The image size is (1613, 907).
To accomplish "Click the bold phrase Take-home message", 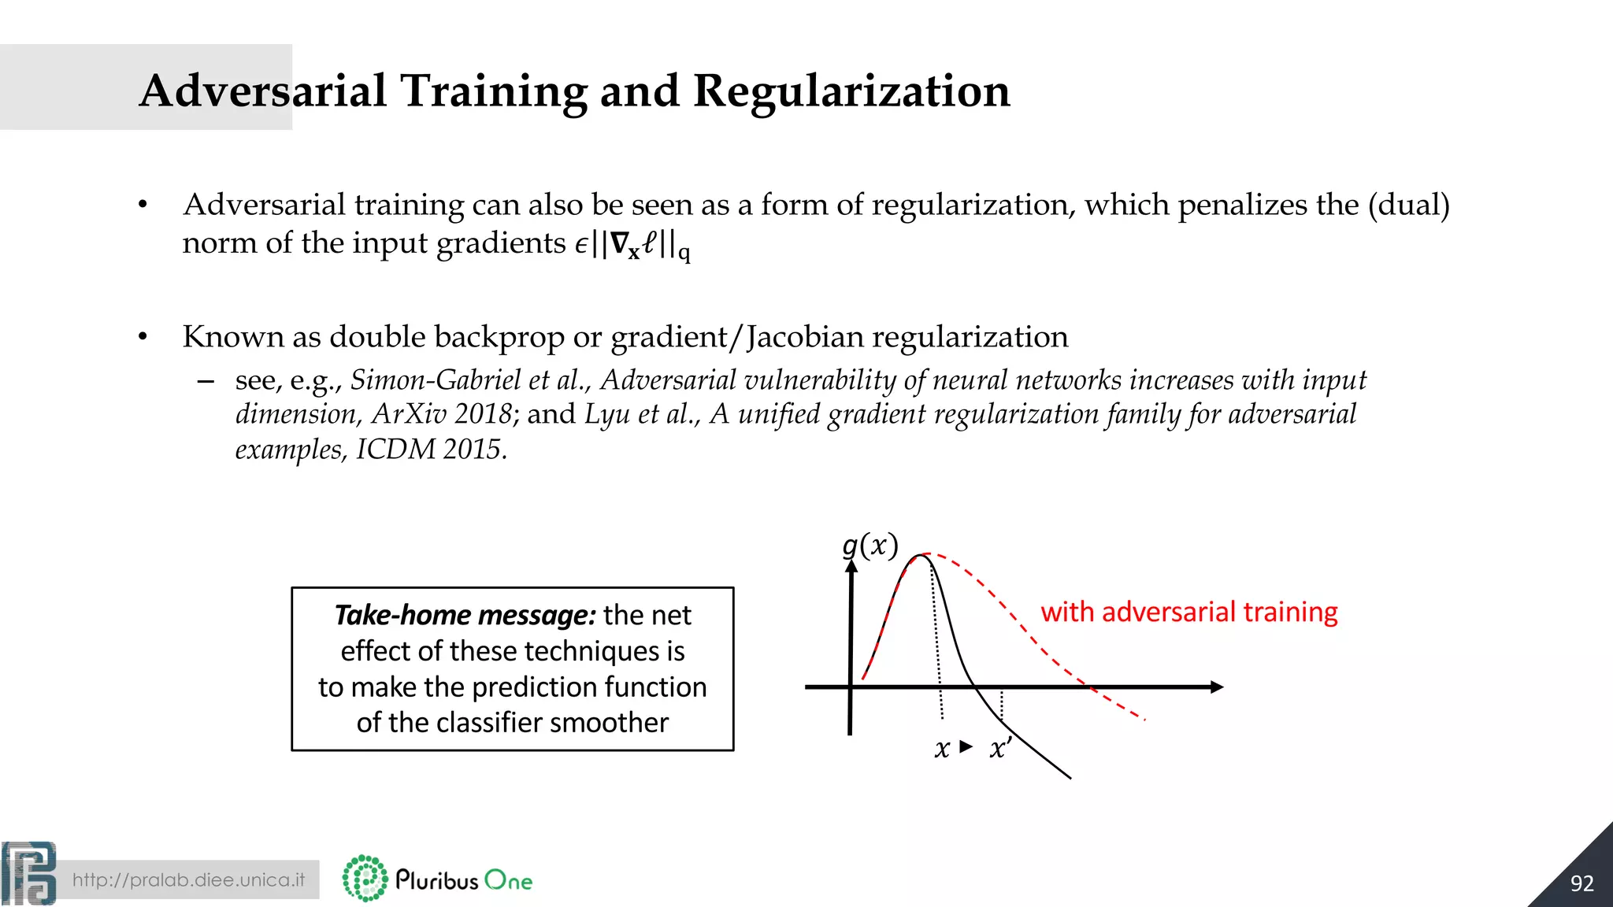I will (465, 615).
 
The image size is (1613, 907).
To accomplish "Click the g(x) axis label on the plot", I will (870, 545).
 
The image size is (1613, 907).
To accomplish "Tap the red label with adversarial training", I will (1188, 612).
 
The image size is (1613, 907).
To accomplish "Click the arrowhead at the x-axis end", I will (1216, 687).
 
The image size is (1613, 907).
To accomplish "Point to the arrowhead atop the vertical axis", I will (851, 567).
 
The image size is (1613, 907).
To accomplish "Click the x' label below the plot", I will (1000, 748).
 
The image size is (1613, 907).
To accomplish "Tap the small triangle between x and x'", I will (966, 746).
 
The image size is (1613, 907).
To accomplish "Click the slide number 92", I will (1581, 883).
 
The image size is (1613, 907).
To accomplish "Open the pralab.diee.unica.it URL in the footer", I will (188, 880).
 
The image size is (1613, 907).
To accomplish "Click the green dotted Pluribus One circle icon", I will (365, 878).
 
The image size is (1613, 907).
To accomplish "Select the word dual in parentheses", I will (1408, 205).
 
